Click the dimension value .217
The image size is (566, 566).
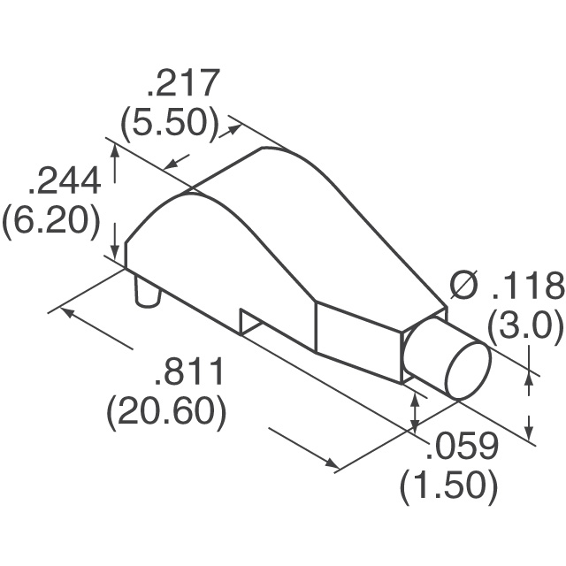pos(181,86)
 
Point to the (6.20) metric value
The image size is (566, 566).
pos(51,221)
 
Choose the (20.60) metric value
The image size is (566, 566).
pos(166,412)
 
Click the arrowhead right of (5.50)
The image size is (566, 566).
pos(235,128)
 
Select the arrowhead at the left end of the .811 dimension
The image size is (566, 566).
pos(65,313)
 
